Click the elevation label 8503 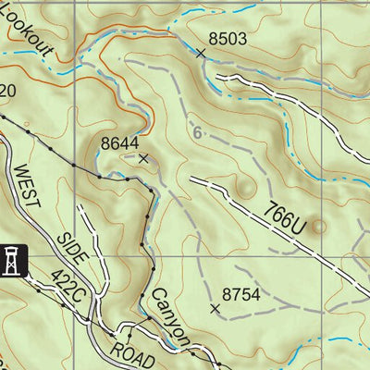tap(228, 39)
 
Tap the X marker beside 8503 tap(201, 54)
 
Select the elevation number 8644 tap(120, 143)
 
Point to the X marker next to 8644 tap(142, 158)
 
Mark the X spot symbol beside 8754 tap(216, 309)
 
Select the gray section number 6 tap(197, 133)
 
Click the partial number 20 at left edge tap(7, 91)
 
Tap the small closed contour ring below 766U tap(319, 225)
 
